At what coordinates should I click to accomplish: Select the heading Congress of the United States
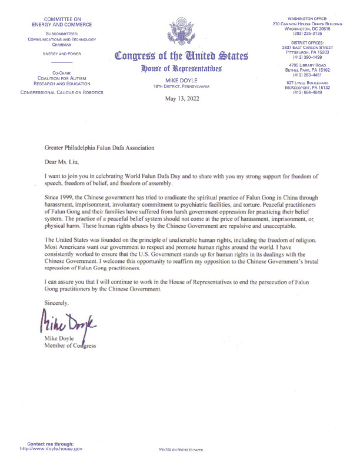pyautogui.click(x=181, y=57)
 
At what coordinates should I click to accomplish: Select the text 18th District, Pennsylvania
pyautogui.click(x=180, y=86)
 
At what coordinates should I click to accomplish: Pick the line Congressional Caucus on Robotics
pyautogui.click(x=62, y=92)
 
